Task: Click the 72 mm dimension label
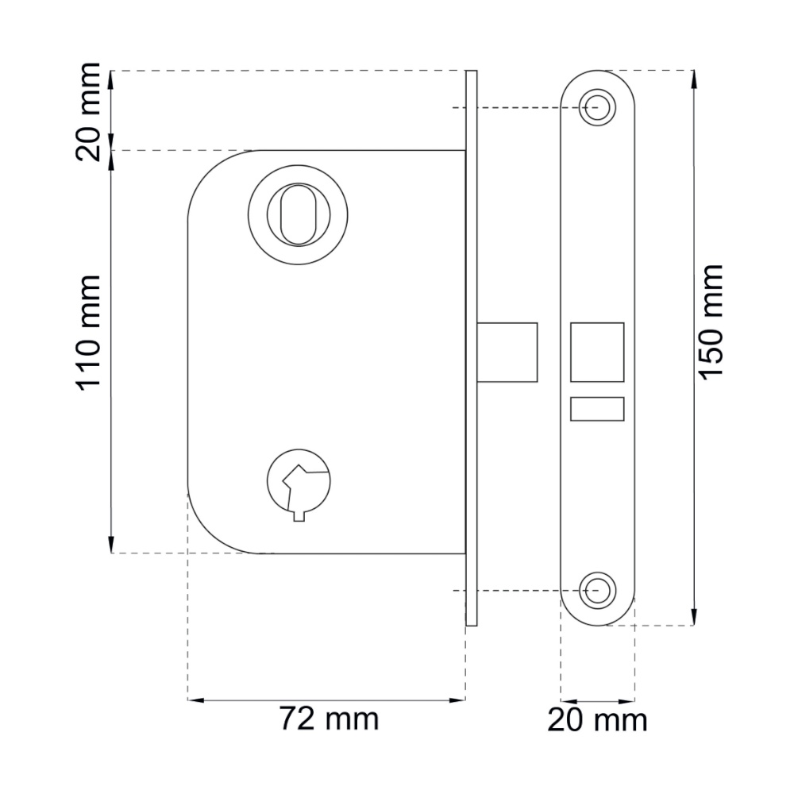330,719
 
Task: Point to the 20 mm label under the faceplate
597,720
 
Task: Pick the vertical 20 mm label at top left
88,111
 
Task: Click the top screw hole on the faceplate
598,107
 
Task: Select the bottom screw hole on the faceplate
598,591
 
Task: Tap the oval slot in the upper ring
299,214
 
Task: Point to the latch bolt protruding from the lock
507,352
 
